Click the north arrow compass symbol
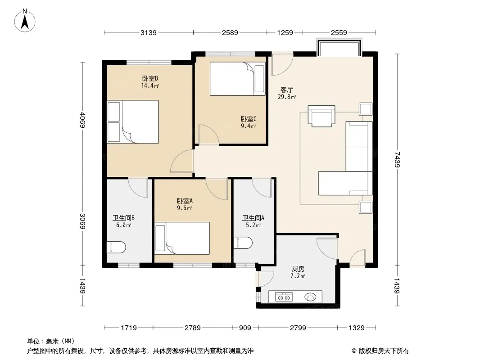[25, 21]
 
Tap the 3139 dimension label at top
[149, 32]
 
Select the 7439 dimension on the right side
[397, 159]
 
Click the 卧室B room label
[150, 79]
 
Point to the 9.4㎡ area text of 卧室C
[248, 126]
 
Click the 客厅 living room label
[287, 90]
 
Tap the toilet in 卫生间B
[116, 247]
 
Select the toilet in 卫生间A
[243, 243]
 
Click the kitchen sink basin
[310, 297]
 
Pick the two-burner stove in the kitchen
[284, 297]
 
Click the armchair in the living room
[322, 116]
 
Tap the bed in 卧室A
[182, 238]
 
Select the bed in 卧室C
[238, 79]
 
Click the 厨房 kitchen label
[298, 269]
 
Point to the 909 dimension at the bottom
[245, 328]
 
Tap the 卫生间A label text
[253, 218]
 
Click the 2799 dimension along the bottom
[298, 328]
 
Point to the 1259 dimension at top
[285, 32]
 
